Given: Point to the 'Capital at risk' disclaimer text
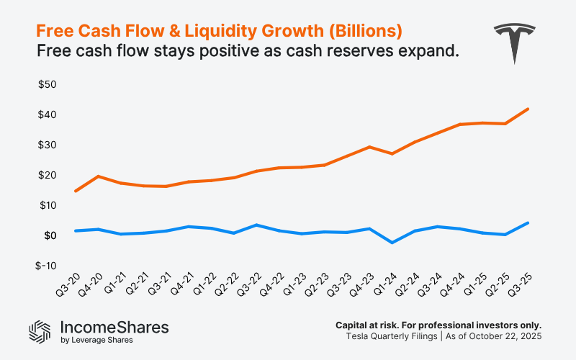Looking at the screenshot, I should point(438,325).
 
